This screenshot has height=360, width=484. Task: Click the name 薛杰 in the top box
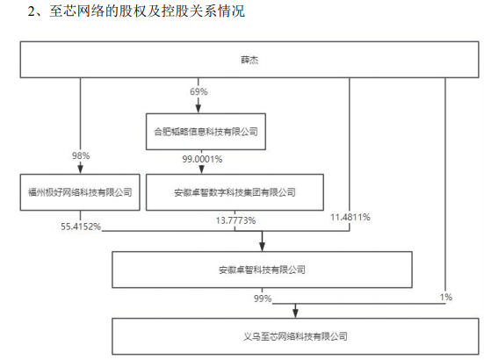249,60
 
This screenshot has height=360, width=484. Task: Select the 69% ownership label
199,91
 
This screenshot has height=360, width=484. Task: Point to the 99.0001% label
202,159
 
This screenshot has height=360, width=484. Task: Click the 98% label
81,155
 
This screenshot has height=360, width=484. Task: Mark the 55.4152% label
81,227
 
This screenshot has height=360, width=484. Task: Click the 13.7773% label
235,220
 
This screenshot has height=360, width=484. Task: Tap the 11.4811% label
350,217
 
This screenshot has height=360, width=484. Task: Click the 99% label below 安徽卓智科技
263,299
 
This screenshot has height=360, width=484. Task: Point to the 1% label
445,297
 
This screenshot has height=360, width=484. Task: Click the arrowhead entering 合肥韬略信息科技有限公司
199,109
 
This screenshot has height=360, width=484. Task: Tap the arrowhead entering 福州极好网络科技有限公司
80,169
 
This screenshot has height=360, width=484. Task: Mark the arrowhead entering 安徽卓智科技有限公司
262,247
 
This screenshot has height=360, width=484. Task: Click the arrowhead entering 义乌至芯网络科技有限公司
295,313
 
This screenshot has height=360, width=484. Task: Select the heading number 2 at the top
32,11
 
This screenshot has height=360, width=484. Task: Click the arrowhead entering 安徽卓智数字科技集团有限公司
201,169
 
